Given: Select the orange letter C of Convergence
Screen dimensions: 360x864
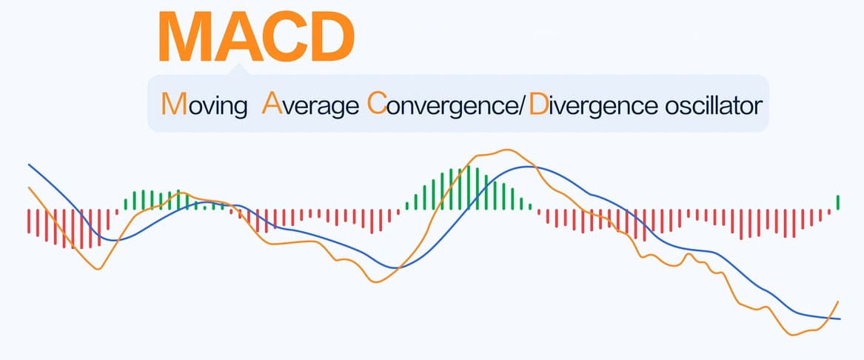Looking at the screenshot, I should tap(376, 104).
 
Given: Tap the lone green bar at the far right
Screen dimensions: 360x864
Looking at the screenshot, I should tap(838, 201).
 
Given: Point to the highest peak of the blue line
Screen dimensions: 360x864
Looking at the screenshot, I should tap(526, 167).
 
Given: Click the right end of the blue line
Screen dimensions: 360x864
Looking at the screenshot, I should tap(840, 319).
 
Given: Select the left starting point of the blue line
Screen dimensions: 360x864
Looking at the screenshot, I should tap(28, 164).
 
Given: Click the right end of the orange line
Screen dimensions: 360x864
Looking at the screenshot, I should tap(838, 301).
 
